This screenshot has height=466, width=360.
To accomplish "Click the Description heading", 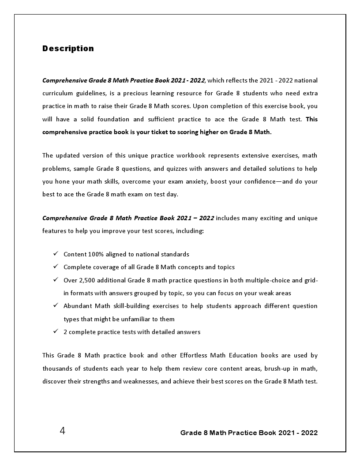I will [x=68, y=49].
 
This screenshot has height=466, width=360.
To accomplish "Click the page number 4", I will [x=62, y=431].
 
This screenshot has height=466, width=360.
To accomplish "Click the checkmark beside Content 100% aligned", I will [x=56, y=254].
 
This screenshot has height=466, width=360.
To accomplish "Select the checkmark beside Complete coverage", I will [x=56, y=267].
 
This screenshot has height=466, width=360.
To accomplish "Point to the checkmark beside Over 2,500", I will [x=56, y=280].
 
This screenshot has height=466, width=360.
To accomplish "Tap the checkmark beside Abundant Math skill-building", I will [x=56, y=305].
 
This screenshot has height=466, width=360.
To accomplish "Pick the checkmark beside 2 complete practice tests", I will [x=56, y=331].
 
